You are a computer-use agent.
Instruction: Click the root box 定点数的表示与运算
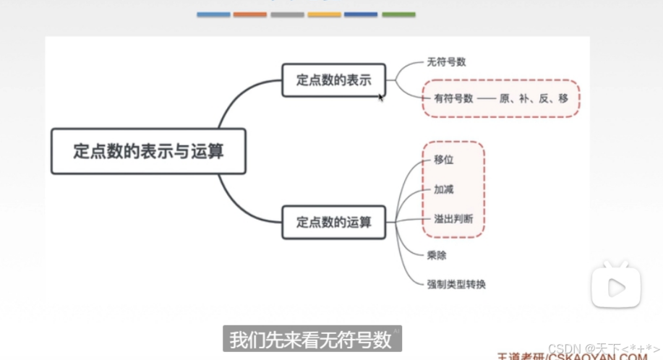tap(148, 151)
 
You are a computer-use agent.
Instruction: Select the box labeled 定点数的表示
tap(333, 80)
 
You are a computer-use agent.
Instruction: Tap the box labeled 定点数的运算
tap(333, 222)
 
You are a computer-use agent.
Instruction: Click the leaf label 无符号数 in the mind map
tap(446, 62)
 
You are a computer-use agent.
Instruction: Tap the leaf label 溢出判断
tap(453, 218)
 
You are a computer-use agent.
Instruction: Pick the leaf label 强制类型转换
tap(456, 284)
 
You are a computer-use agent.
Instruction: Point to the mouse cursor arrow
tap(381, 97)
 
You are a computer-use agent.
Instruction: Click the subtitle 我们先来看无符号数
tap(310, 338)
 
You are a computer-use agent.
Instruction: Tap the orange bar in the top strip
tap(250, 14)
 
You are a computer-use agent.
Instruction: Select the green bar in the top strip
tap(398, 14)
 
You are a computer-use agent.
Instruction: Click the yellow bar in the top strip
tap(324, 14)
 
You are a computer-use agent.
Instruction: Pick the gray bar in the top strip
tap(287, 14)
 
